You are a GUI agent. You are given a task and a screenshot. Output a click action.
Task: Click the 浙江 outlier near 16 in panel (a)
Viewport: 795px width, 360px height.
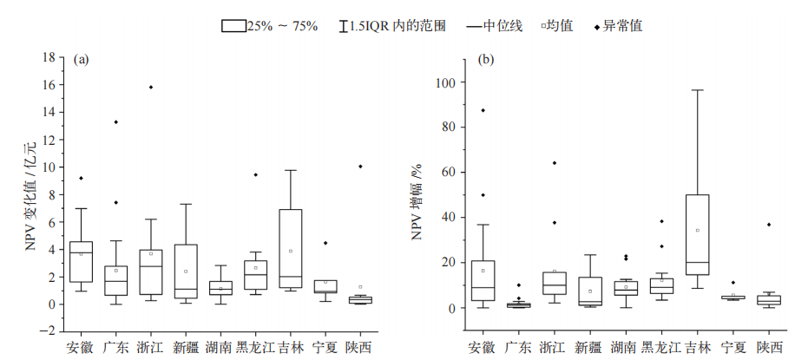151,87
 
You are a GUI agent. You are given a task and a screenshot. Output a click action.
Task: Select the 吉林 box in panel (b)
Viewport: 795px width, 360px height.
697,234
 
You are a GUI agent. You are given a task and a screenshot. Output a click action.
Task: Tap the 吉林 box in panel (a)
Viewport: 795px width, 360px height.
292,248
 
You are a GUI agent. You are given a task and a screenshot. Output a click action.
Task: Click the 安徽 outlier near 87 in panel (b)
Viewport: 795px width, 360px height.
483,110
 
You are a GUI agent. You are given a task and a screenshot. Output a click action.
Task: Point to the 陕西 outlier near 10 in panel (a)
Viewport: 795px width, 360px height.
360,166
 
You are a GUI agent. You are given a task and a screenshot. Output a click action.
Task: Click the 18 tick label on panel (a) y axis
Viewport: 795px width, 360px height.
49,57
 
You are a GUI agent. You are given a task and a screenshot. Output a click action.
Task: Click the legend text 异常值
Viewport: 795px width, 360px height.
625,26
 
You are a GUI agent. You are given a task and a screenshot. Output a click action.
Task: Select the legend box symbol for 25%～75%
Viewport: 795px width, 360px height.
233,26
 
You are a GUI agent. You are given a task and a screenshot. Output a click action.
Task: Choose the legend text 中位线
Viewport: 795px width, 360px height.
503,26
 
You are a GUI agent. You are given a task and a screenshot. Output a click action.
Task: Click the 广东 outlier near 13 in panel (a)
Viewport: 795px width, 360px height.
115,121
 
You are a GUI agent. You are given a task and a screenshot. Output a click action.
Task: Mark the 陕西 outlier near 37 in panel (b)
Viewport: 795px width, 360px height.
768,225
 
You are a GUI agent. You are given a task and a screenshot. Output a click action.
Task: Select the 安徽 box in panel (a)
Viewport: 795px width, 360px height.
81,261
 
